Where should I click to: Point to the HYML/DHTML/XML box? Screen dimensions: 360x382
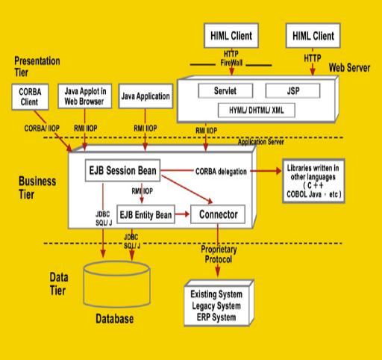point(251,110)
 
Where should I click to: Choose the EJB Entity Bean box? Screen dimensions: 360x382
point(145,215)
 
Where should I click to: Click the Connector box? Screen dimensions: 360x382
point(217,215)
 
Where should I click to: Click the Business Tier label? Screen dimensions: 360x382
point(37,186)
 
